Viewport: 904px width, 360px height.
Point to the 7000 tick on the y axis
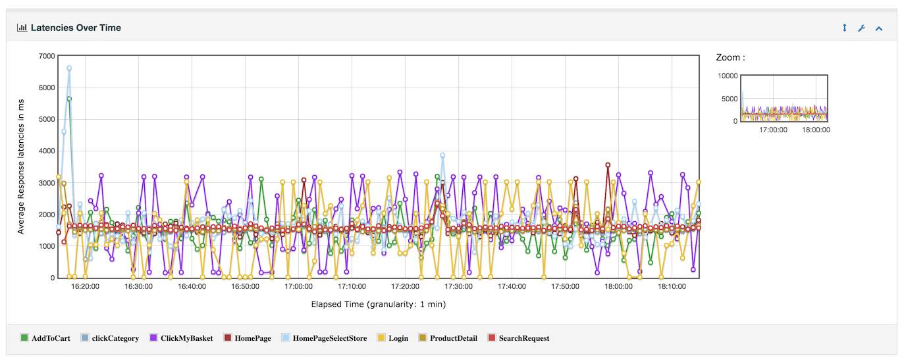pyautogui.click(x=47, y=56)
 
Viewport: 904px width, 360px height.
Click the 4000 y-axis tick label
pyautogui.click(x=47, y=151)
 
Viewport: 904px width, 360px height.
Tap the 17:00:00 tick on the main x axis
pyautogui.click(x=298, y=287)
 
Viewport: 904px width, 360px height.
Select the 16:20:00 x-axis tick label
pyautogui.click(x=85, y=287)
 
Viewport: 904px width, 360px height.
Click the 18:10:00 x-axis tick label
pyautogui.click(x=672, y=287)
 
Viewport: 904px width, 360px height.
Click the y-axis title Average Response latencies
pyautogui.click(x=21, y=167)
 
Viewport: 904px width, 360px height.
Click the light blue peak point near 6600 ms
pyautogui.click(x=69, y=68)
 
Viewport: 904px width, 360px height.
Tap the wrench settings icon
pyautogui.click(x=861, y=28)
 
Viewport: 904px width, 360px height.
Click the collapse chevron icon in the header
pyautogui.click(x=878, y=28)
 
